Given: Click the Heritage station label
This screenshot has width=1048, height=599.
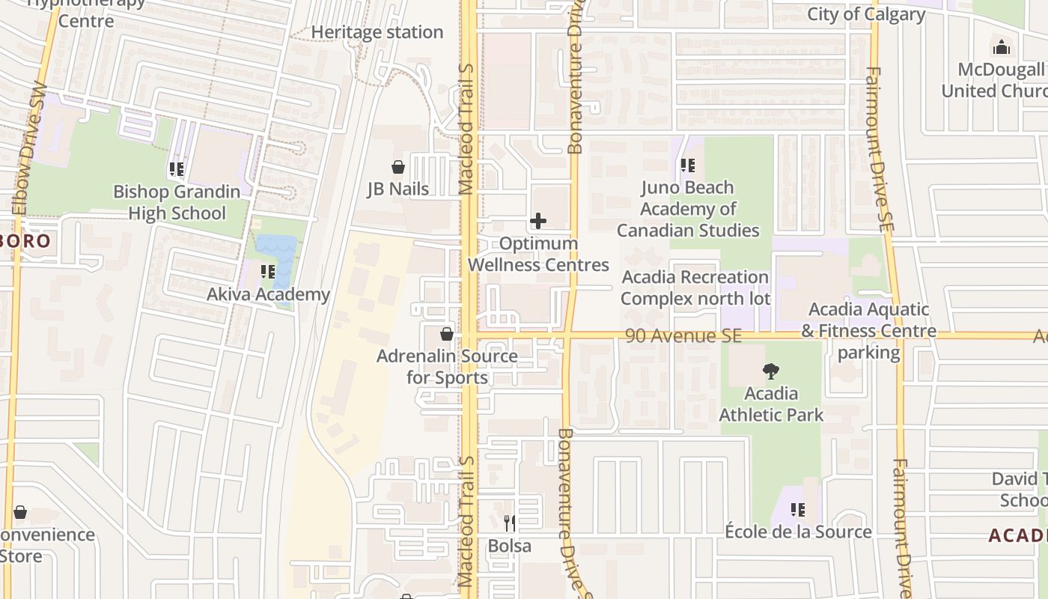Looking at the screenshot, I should pos(377,32).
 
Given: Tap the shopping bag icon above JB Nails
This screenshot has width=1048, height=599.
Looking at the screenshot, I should pos(398,167).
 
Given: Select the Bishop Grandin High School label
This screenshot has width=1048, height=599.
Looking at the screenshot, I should pos(177,202).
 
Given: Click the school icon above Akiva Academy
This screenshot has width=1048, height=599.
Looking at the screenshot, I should pos(268,272).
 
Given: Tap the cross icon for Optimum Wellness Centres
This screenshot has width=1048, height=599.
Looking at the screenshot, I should pos(537,221).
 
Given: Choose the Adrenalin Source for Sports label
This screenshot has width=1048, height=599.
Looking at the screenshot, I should pos(447,366).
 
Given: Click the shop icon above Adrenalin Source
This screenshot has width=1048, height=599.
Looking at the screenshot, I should pos(447,334).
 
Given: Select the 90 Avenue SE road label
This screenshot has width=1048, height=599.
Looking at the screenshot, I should pos(683,336).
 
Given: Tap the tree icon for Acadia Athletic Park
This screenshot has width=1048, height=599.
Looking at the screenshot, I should pos(770,371).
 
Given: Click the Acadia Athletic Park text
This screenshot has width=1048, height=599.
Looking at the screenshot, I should pos(771,404).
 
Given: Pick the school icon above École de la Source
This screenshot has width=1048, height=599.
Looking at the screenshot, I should pos(798,510).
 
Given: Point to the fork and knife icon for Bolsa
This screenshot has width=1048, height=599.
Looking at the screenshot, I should pos(509,523).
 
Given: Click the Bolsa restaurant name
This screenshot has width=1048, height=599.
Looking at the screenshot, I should pos(509,546).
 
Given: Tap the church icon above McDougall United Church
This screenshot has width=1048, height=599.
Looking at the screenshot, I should pos(1001,48).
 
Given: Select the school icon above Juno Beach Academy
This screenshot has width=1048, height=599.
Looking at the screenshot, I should pos(687,165).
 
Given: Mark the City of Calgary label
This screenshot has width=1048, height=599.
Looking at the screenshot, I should pos(866,14).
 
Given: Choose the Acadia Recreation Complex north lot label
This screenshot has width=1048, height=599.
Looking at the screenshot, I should pos(695,288).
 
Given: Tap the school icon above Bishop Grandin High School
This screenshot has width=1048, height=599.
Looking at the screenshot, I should pos(177,169).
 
